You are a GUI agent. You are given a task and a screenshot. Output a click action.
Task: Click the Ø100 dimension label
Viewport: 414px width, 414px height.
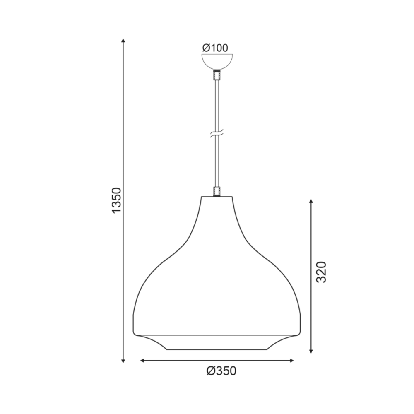pyautogui.click(x=215, y=48)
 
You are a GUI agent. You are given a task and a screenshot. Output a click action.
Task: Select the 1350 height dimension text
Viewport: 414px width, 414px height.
pyautogui.click(x=116, y=200)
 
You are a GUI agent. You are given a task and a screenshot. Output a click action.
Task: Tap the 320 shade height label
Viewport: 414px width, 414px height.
pyautogui.click(x=321, y=272)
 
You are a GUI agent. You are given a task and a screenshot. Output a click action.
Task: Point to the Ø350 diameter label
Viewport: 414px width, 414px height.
pyautogui.click(x=221, y=371)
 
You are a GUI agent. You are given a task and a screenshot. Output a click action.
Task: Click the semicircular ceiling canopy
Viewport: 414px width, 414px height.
pyautogui.click(x=217, y=62)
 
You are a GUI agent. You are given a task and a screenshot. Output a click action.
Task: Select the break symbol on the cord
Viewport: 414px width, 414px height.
pyautogui.click(x=217, y=134)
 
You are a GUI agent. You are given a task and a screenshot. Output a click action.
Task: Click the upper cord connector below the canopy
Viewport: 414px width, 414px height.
pyautogui.click(x=217, y=75)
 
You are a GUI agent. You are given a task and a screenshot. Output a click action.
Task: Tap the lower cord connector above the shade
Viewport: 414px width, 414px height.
pyautogui.click(x=217, y=191)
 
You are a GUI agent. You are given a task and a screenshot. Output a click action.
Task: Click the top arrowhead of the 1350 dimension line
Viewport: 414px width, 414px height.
pyautogui.click(x=123, y=41)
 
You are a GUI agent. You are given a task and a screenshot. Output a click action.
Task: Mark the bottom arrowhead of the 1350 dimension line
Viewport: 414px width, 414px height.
pyautogui.click(x=123, y=361)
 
